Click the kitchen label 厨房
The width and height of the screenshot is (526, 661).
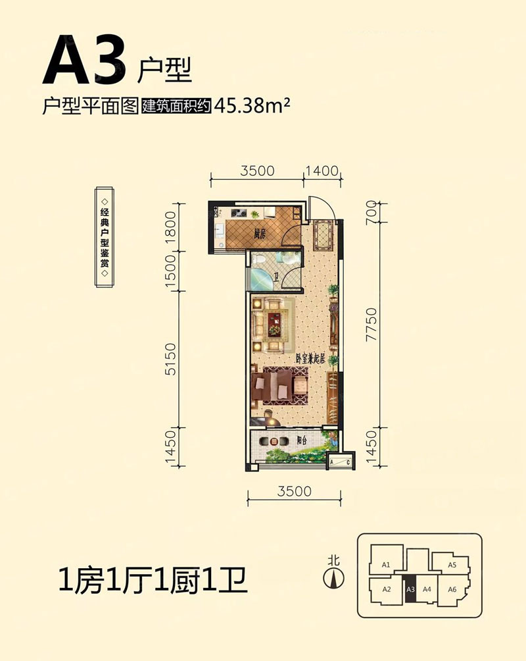260,234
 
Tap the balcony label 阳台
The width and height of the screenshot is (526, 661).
301,440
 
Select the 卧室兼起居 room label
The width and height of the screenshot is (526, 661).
310,359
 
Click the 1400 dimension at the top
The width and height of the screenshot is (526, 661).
322,171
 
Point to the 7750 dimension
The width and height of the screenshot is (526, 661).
371,324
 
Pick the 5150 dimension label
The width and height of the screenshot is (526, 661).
170,359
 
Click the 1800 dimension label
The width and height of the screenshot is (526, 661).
170,228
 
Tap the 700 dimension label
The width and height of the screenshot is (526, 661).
371,213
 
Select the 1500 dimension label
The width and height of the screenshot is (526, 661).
170,271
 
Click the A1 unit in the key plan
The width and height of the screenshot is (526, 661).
386,564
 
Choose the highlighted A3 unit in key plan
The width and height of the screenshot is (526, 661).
410,589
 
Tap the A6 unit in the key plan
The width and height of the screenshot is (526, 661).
452,589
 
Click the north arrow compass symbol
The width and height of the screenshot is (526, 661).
333,578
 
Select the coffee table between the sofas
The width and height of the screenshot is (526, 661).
274,324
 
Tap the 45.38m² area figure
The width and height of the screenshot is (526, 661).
252,105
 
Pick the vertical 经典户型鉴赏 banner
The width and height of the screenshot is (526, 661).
105,236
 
